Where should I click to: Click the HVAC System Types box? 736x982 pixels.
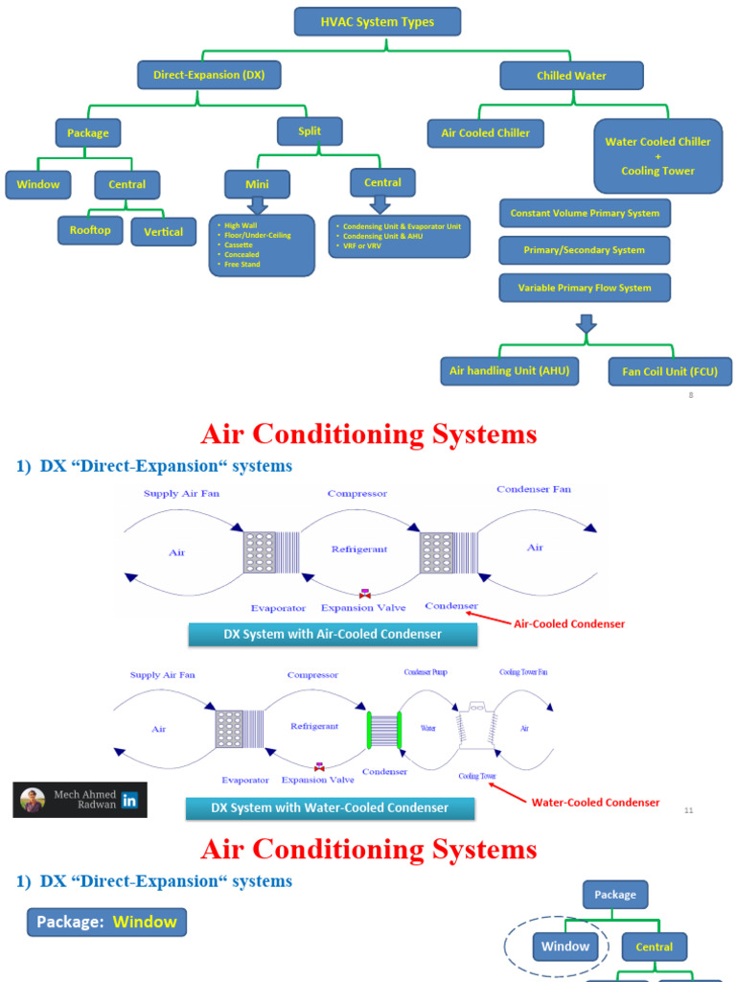point(377,21)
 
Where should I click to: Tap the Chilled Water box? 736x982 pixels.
point(571,76)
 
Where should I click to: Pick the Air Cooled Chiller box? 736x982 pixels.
point(485,133)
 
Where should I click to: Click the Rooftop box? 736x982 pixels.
point(90,230)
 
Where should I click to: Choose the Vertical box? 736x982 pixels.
point(163,232)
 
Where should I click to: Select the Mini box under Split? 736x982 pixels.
point(257,183)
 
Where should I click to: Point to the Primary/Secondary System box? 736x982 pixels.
point(584,250)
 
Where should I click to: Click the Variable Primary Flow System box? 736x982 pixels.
point(584,288)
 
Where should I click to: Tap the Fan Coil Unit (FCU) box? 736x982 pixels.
point(670,371)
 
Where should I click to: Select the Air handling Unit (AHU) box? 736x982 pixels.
point(509,370)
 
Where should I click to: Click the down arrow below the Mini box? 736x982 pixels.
point(257,204)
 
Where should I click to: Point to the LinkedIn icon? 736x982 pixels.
point(129,800)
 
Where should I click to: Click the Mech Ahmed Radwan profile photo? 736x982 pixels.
point(33,800)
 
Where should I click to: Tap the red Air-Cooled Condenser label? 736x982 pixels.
point(569,623)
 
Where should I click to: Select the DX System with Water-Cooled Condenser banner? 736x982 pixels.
point(330,807)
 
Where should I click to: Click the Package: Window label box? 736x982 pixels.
point(106,923)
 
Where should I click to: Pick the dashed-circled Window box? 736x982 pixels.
point(565,947)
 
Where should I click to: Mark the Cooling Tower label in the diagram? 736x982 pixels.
point(476,776)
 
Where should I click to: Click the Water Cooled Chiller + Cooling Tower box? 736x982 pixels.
point(657,155)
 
